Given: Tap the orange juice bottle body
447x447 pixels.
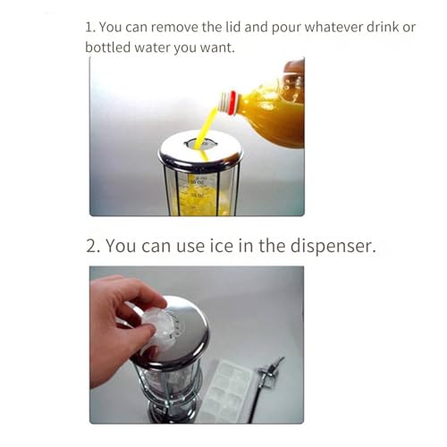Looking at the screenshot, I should tap(273, 112).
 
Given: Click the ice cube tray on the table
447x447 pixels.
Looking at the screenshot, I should tap(221, 390).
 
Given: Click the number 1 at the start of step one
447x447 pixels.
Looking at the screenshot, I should tap(89, 27).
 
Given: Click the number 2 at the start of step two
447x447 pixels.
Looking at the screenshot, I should tap(91, 245).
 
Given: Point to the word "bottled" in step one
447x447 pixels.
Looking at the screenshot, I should tap(108, 46).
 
